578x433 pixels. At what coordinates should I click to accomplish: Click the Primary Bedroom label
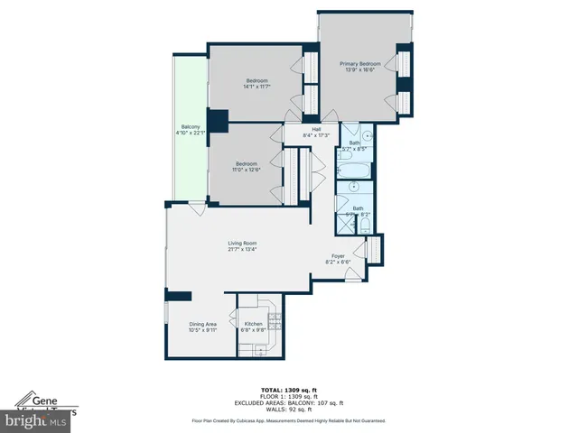(x=359, y=64)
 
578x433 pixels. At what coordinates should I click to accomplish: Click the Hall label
(x=317, y=129)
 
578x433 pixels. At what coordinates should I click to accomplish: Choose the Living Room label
(x=242, y=243)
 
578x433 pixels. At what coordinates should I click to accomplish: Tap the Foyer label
(x=337, y=255)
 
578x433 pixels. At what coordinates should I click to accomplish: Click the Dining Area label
(x=202, y=324)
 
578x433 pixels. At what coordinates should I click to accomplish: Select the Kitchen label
(x=254, y=324)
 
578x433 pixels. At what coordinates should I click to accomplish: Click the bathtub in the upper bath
(x=353, y=169)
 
